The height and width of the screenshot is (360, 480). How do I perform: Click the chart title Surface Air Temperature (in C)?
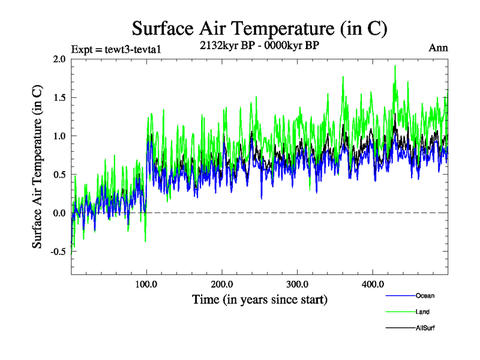259,28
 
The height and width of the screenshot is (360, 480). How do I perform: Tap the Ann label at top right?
438,48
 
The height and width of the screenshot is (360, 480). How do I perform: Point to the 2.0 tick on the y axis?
59,59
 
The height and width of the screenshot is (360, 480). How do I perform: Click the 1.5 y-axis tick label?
59,97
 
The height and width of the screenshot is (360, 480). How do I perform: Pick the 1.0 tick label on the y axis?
59,136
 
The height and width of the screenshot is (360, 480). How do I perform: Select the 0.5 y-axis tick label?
59,175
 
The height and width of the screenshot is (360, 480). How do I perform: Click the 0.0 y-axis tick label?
59,213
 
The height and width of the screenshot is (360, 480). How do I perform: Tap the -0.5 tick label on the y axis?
58,251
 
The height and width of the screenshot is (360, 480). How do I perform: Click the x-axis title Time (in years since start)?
259,299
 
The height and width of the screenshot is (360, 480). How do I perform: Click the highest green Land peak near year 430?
395,66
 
